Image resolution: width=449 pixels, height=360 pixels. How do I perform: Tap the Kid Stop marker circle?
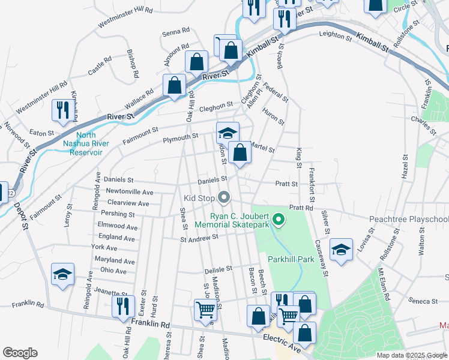(x=224, y=197)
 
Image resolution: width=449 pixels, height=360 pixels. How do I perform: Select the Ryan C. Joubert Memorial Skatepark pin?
(x=278, y=220)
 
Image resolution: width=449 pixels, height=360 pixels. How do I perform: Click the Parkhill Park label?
(x=291, y=260)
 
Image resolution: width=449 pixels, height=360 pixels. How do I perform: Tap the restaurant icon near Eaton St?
(x=62, y=110)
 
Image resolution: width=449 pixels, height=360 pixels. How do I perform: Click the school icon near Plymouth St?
(x=228, y=133)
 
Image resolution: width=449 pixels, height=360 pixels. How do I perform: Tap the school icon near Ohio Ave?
(x=63, y=275)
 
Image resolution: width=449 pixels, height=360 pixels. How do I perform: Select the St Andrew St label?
(x=199, y=238)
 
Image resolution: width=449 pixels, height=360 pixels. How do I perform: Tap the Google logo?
(x=20, y=353)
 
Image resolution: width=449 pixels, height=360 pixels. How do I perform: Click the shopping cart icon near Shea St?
(x=205, y=310)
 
